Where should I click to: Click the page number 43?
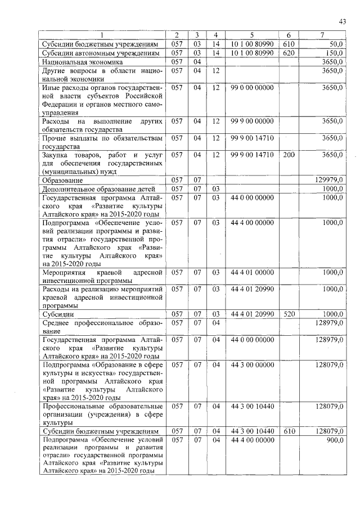pos(343,22)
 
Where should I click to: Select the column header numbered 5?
pos(252,35)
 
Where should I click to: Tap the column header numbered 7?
pos(322,35)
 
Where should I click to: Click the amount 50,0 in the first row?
pos(336,43)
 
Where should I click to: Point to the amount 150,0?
pos(335,52)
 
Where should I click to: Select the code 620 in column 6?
pos(289,52)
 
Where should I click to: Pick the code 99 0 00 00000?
pos(252,88)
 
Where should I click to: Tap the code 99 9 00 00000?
pos(252,121)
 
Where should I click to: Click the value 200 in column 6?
pos(289,154)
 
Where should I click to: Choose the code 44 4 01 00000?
pos(252,272)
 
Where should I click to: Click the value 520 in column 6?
pos(289,313)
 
